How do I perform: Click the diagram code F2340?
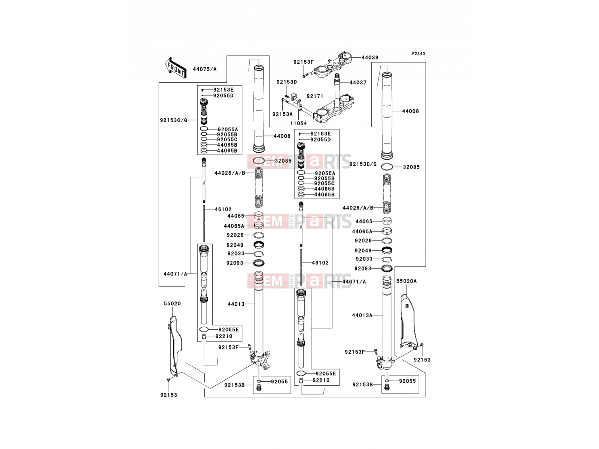(x=418, y=54)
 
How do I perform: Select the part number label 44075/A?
(x=205, y=69)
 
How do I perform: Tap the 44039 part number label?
(x=370, y=58)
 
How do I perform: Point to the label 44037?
(x=358, y=82)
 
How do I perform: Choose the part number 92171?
(x=315, y=96)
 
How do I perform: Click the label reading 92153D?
(x=286, y=82)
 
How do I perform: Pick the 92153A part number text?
(x=282, y=114)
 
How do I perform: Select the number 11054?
(x=298, y=123)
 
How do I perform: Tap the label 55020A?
(x=406, y=281)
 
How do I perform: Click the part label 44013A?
(x=362, y=315)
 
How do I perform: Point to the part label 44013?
(x=236, y=304)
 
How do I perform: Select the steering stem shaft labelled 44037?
(x=338, y=90)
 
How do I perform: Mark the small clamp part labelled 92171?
(x=294, y=97)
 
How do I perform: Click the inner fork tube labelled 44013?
(x=259, y=314)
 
